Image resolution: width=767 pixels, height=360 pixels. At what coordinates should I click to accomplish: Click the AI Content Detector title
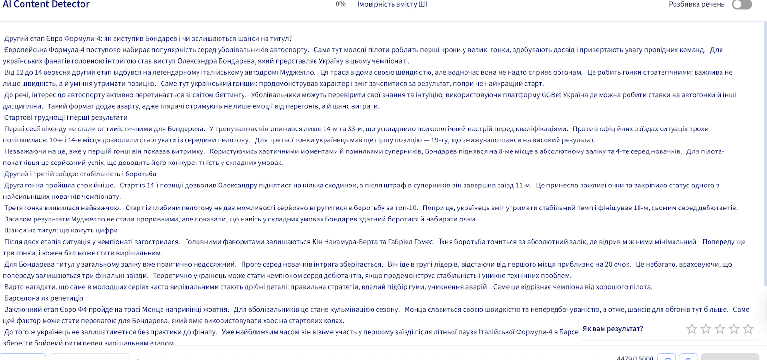coord(46,4)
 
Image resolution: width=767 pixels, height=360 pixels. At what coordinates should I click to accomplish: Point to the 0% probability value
coord(340,4)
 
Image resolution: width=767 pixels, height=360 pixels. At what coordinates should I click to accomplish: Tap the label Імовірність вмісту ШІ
coord(392,4)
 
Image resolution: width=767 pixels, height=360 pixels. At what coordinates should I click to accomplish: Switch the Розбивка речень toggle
coord(742,4)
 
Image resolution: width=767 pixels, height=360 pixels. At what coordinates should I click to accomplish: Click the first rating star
coord(691,329)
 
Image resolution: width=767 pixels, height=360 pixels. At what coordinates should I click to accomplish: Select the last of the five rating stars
coord(748,329)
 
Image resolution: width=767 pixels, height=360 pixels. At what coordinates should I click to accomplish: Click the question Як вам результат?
coord(613,329)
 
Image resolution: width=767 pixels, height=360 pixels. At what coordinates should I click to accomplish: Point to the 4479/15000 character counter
coord(635,358)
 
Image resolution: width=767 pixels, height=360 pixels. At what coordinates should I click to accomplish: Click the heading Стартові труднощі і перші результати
coord(66,117)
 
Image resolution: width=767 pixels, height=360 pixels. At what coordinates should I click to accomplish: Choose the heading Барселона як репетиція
coord(44,298)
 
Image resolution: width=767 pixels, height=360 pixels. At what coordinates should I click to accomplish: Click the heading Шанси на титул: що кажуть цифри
coord(61,231)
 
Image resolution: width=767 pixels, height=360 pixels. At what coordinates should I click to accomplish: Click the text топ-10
coord(406,208)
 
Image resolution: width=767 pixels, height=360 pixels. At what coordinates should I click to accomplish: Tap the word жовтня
coord(217,309)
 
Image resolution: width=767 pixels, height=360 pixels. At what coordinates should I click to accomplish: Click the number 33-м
coord(353,129)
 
